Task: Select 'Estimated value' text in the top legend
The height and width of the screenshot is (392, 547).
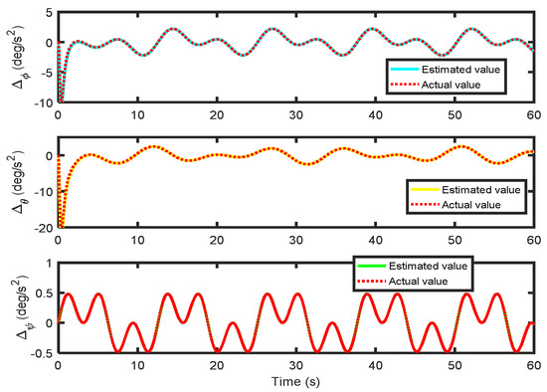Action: click(459, 70)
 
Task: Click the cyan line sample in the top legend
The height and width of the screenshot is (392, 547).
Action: click(401, 70)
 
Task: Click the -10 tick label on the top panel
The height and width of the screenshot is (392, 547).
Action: click(43, 101)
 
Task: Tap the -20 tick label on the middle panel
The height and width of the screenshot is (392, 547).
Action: click(43, 228)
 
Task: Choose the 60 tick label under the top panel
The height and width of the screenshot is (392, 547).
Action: click(533, 114)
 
